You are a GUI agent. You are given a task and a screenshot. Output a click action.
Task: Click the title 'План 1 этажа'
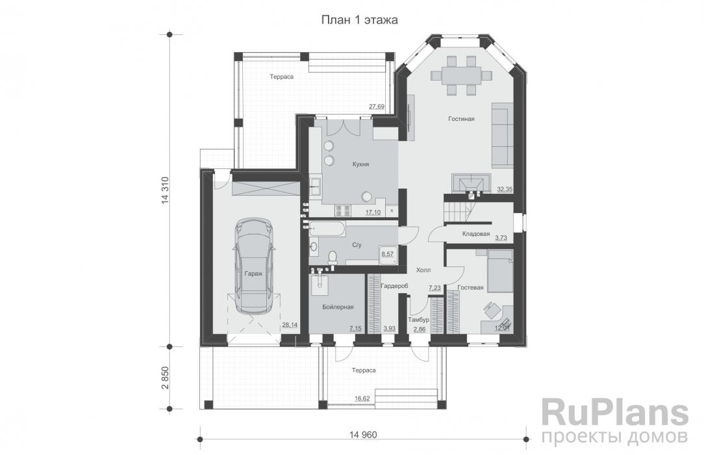(x=359, y=20)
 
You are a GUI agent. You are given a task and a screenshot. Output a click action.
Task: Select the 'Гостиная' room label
(x=461, y=119)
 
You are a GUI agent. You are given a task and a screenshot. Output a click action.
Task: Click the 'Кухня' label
(x=360, y=164)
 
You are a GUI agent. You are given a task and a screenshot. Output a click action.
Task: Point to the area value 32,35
(x=505, y=189)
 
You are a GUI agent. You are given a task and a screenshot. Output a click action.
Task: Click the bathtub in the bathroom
(x=327, y=229)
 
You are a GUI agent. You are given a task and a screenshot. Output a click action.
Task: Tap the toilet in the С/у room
(x=333, y=257)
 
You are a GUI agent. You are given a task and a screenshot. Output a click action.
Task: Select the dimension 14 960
(x=363, y=435)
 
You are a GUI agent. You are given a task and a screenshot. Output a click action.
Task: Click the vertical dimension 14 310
(x=165, y=191)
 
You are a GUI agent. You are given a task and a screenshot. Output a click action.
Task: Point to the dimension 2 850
(x=165, y=378)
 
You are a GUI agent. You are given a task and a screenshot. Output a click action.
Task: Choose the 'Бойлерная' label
(x=338, y=307)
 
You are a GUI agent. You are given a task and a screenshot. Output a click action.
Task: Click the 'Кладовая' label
(x=476, y=234)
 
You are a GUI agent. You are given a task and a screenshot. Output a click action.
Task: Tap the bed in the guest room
(x=500, y=272)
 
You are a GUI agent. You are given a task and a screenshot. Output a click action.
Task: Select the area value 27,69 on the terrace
(x=377, y=107)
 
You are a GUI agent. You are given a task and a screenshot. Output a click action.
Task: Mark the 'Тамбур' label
(x=418, y=320)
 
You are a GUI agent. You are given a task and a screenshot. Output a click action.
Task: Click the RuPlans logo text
(x=614, y=413)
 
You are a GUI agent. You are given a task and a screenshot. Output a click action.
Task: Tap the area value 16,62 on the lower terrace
(x=362, y=398)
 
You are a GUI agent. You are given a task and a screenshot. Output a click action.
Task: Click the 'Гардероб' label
(x=394, y=285)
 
